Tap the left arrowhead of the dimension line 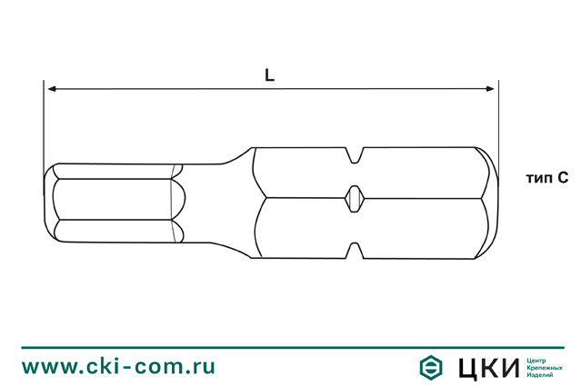click(x=52, y=89)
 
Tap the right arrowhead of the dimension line click(x=491, y=89)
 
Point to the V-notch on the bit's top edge click(x=356, y=155)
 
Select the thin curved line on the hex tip click(x=173, y=202)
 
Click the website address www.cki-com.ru click(x=118, y=366)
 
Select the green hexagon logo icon click(x=431, y=366)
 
